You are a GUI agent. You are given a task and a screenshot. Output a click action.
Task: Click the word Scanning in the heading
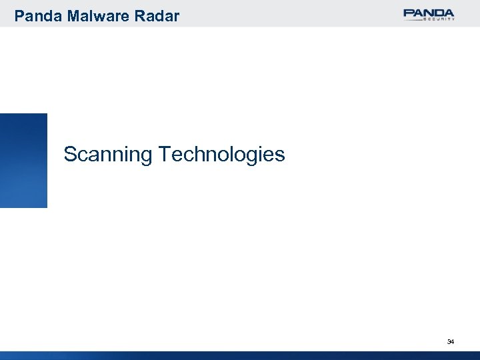pos(109,155)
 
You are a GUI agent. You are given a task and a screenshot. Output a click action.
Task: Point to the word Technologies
pos(222,155)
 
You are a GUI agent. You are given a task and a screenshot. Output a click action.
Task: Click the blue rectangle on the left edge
pos(23,160)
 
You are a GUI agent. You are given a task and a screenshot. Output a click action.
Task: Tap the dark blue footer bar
pos(240,355)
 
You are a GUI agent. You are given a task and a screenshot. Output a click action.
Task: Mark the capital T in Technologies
pos(165,155)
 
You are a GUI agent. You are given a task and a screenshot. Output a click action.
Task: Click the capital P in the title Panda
pos(19,15)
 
